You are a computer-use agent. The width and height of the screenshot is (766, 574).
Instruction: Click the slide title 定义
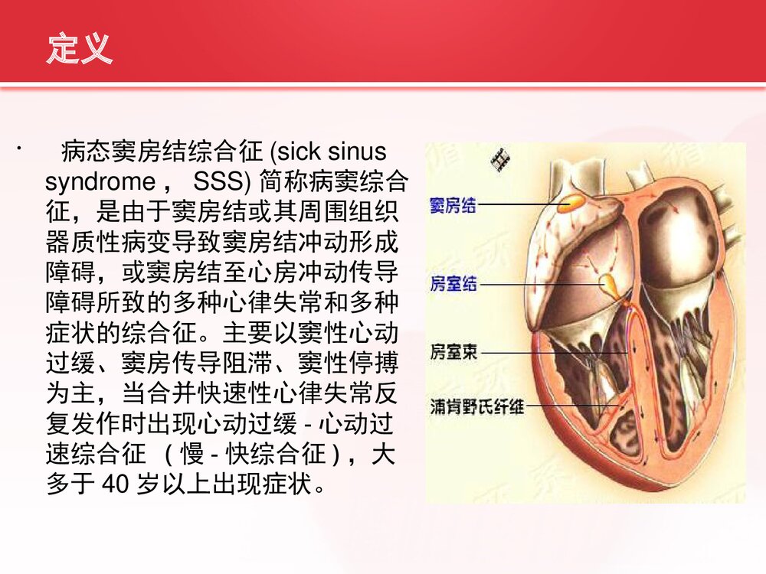point(79,48)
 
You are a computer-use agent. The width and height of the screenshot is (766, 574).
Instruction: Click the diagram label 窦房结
point(453,204)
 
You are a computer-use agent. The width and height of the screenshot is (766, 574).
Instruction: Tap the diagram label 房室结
point(453,284)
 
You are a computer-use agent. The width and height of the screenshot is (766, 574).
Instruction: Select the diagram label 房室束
point(453,354)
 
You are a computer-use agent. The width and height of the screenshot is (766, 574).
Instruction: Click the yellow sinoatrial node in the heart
point(571,203)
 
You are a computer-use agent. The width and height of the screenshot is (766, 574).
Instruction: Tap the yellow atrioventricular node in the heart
point(611,284)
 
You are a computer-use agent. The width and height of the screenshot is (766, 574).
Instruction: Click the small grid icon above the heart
point(502,158)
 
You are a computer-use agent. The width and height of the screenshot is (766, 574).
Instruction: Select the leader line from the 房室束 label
point(552,354)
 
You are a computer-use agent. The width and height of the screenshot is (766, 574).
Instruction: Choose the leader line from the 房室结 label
point(536,285)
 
